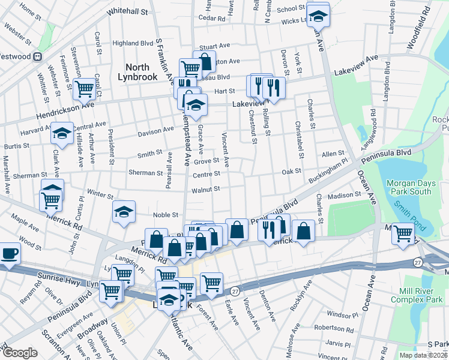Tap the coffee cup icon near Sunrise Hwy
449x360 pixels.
tap(10, 253)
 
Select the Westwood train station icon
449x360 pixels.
tap(37, 56)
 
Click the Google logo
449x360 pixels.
tap(20, 353)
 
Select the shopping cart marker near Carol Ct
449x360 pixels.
tap(85, 88)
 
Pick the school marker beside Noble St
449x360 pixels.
tap(124, 212)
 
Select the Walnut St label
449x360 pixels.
tap(206, 189)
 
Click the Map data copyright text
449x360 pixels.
tap(423, 355)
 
